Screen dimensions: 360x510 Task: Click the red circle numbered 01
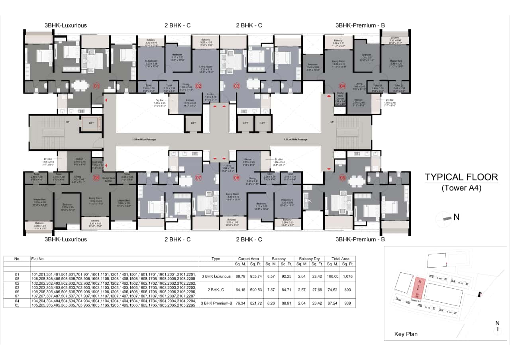[96, 86]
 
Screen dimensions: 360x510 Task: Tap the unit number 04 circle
[342, 86]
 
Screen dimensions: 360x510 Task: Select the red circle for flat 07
[198, 178]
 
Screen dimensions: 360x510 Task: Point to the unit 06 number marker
[237, 178]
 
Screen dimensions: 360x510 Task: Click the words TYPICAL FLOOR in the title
[461, 177]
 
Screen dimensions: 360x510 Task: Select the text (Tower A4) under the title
[461, 188]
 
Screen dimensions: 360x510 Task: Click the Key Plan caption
[406, 334]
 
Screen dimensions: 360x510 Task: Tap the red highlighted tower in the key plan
[418, 288]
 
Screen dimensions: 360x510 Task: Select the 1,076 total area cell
[347, 276]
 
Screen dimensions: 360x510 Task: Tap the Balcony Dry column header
[310, 258]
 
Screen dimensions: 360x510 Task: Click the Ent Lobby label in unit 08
[97, 164]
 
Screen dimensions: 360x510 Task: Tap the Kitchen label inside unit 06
[249, 160]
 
